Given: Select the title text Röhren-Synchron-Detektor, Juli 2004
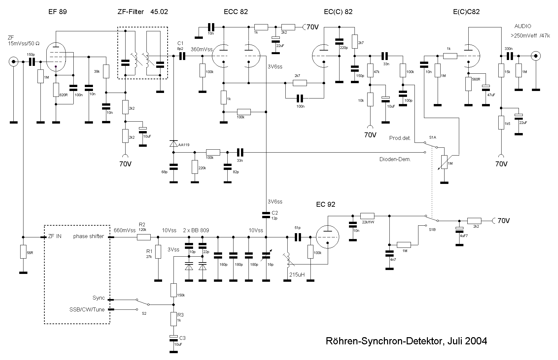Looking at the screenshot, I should pyautogui.click(x=406, y=341).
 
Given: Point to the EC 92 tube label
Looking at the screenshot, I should pyautogui.click(x=325, y=204).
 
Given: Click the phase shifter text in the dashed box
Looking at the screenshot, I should pyautogui.click(x=89, y=236).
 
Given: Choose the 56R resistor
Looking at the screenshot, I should pyautogui.click(x=23, y=252).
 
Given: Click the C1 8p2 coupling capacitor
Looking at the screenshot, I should pyautogui.click(x=182, y=56).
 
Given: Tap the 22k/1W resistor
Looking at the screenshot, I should pyautogui.click(x=367, y=216).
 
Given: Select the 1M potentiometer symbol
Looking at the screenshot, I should pyautogui.click(x=443, y=163).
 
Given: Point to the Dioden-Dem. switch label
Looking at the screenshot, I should pyautogui.click(x=395, y=159).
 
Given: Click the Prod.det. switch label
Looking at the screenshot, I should pyautogui.click(x=400, y=138).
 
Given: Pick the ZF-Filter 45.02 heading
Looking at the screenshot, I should pyautogui.click(x=143, y=12).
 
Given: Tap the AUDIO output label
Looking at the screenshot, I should pyautogui.click(x=522, y=26).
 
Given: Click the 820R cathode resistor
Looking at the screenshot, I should pyautogui.click(x=56, y=90).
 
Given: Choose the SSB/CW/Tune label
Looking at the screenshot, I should pyautogui.click(x=87, y=309).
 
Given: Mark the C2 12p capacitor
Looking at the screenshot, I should pyautogui.click(x=266, y=215).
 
